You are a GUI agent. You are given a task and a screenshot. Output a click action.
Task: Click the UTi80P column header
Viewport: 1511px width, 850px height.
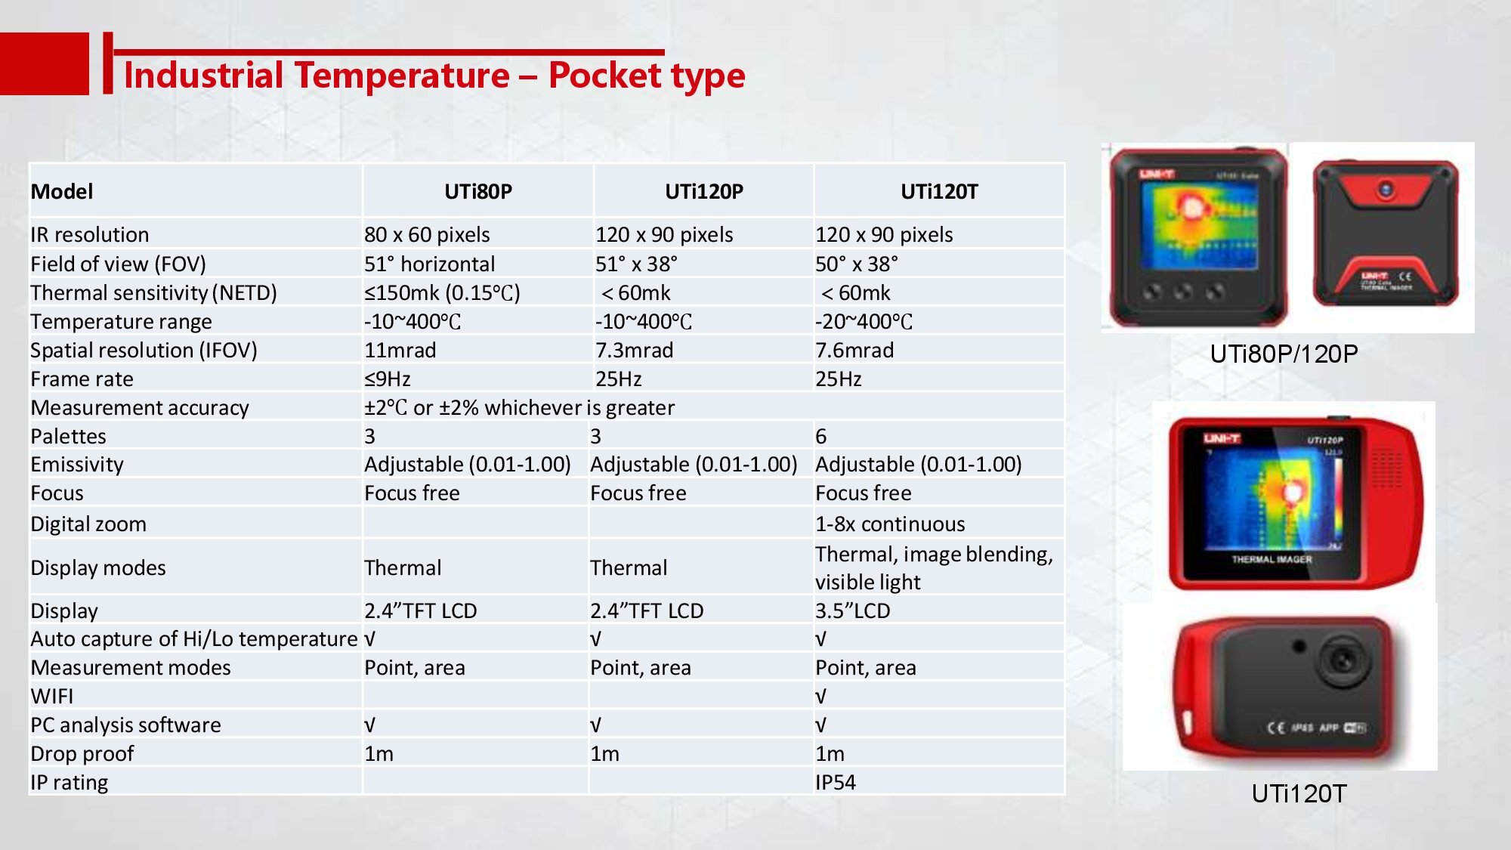478,192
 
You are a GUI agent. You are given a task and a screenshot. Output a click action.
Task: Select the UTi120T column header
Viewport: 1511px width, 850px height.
939,192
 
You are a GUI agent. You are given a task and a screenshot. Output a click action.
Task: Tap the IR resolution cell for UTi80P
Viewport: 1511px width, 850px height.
427,235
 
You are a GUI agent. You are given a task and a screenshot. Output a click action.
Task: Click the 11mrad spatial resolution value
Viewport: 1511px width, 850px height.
400,351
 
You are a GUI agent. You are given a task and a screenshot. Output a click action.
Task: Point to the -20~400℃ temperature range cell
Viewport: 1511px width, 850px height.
864,322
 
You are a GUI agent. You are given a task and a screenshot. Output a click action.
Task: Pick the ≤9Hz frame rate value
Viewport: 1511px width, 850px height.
388,379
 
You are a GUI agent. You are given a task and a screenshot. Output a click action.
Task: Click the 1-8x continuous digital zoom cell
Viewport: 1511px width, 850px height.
890,524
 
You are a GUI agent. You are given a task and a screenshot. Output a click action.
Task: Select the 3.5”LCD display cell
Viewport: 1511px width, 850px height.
853,610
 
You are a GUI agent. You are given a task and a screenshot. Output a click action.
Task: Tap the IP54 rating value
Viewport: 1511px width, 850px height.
836,783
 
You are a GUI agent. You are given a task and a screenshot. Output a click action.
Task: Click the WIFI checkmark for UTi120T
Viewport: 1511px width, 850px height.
821,697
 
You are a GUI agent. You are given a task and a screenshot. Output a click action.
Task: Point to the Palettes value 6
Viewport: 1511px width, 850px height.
821,437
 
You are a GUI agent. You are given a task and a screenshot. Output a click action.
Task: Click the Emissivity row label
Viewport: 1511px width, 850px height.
77,465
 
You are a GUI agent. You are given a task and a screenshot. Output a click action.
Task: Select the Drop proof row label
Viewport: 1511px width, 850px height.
82,754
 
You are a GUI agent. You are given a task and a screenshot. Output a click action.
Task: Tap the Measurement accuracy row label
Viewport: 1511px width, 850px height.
140,408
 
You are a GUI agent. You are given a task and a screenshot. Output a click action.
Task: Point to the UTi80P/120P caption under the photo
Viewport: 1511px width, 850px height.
1284,354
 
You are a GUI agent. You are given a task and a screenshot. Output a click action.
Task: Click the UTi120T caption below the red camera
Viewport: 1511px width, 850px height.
1299,793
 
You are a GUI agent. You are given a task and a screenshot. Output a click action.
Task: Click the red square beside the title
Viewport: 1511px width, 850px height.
44,63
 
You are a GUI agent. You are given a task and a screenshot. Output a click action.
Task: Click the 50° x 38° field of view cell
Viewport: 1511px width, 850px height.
857,264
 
